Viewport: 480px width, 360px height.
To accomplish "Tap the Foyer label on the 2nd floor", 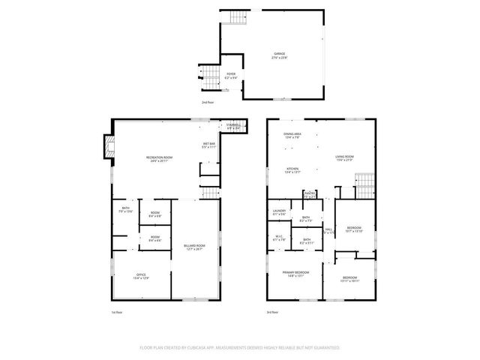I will pyautogui.click(x=231, y=75).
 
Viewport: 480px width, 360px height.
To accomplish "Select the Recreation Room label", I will pyautogui.click(x=160, y=157).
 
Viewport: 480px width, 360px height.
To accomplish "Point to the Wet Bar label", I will pyautogui.click(x=208, y=145).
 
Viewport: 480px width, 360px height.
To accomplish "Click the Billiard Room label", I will pyautogui.click(x=193, y=247).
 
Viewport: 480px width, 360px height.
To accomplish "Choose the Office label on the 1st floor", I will pyautogui.click(x=141, y=276).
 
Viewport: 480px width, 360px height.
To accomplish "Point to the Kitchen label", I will pyautogui.click(x=292, y=169).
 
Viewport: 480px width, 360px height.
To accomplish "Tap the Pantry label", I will pyautogui.click(x=309, y=195).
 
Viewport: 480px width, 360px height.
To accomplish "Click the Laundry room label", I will pyautogui.click(x=279, y=212).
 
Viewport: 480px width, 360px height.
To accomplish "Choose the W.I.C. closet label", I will pyautogui.click(x=279, y=240).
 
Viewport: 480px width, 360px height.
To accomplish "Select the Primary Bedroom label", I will pyautogui.click(x=295, y=274).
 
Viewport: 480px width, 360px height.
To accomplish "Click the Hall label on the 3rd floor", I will pyautogui.click(x=328, y=230).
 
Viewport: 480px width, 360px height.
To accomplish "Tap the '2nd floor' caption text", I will pyautogui.click(x=207, y=101).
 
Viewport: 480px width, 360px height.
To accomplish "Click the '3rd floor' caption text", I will pyautogui.click(x=272, y=312).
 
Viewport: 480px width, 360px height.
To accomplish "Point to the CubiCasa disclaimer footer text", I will pyautogui.click(x=240, y=348).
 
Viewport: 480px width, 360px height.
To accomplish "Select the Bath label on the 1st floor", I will pyautogui.click(x=125, y=211).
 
